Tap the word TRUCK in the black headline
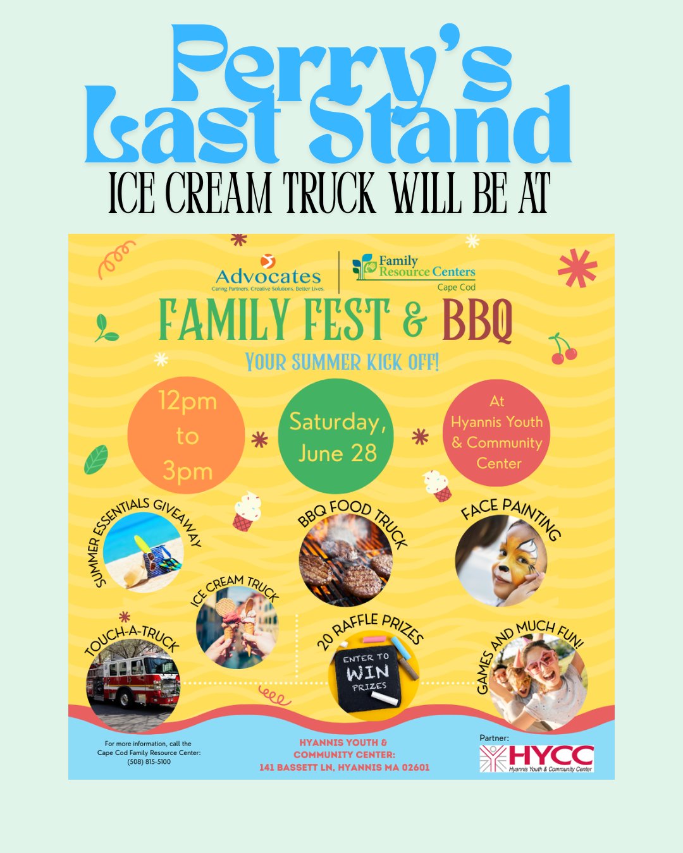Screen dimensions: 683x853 [x=329, y=193]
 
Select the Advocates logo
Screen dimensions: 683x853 [x=268, y=273]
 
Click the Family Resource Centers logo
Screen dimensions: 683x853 [x=414, y=272]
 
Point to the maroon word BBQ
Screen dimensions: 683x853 [x=477, y=320]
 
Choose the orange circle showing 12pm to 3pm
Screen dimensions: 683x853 [x=186, y=435]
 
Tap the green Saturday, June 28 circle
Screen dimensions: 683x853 [x=336, y=436]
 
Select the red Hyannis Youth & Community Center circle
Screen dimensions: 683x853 [x=496, y=433]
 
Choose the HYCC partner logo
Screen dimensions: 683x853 [x=536, y=758]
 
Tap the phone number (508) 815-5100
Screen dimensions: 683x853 [x=149, y=762]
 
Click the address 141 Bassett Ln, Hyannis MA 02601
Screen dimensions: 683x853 [x=345, y=767]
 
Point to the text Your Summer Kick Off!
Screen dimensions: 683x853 [x=342, y=361]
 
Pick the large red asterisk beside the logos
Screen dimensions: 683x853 [x=577, y=268]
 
